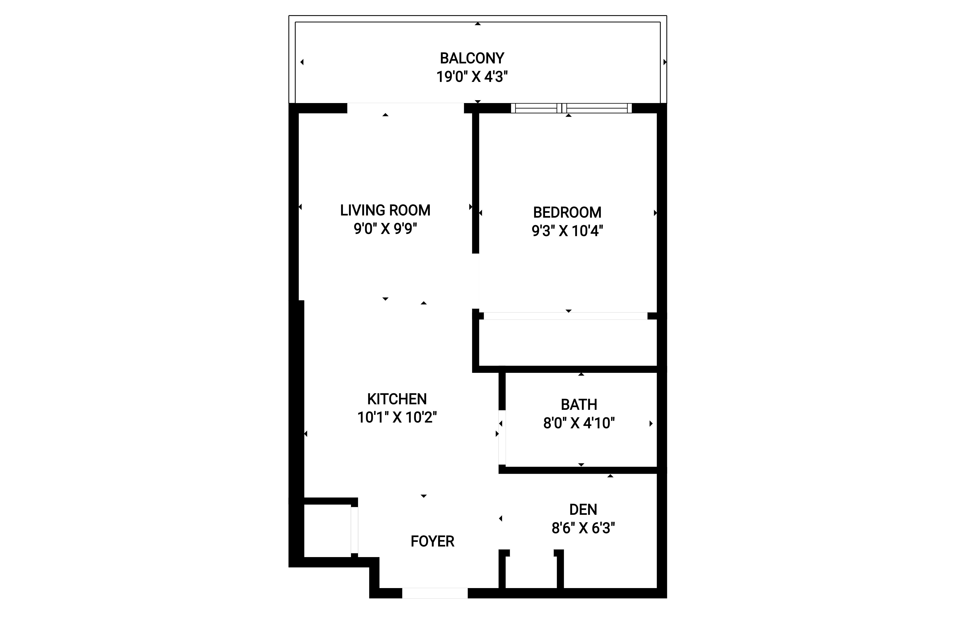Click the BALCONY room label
coord(472,58)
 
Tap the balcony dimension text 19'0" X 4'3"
coord(472,77)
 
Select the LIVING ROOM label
coord(385,210)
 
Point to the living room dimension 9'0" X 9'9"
coord(385,229)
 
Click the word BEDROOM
coord(567,212)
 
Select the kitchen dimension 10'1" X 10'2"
coord(397,417)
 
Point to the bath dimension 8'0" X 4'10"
coord(579,423)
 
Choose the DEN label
coord(583,510)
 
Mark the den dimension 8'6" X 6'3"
coord(583,528)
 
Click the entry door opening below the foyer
coord(435,593)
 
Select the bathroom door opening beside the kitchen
coord(502,437)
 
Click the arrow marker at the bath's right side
coord(651,424)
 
